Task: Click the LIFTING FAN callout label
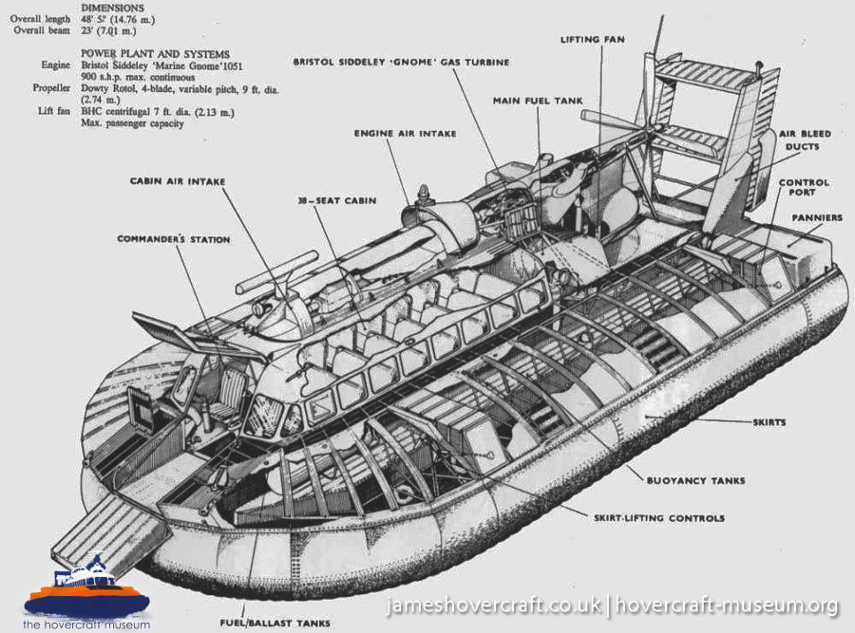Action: coord(593,40)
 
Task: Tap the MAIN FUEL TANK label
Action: coord(537,100)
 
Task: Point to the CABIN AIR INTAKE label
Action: coord(180,180)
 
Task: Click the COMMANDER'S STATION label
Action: coord(174,240)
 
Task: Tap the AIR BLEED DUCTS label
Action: coord(800,141)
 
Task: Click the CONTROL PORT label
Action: coord(804,188)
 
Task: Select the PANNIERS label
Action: coord(818,218)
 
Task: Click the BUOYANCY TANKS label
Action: coord(701,480)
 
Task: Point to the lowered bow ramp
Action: coord(100,537)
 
